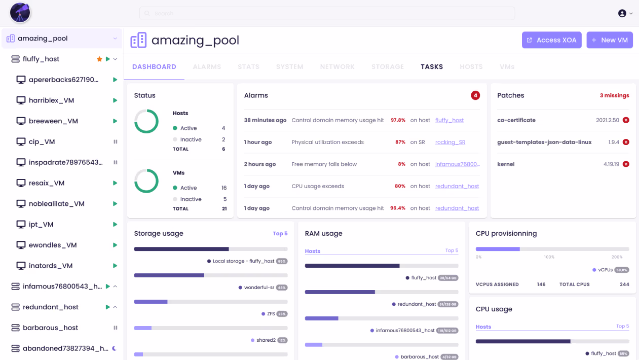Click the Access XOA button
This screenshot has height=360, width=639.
(x=551, y=40)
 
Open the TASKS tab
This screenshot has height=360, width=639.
(x=432, y=67)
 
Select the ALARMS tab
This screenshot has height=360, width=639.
(x=207, y=67)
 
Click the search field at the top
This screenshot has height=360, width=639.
(x=327, y=14)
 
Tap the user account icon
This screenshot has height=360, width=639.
(x=622, y=14)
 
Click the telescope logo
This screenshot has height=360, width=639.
(x=20, y=13)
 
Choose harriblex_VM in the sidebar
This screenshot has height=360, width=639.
(x=52, y=100)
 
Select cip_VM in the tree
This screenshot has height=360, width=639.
(x=42, y=142)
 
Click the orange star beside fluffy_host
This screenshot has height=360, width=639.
(x=99, y=59)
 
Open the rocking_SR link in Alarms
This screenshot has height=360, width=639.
(x=450, y=142)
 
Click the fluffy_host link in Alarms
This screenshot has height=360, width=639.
(x=449, y=120)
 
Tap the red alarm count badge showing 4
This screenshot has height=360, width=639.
(x=475, y=95)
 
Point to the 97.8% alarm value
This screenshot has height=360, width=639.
(x=398, y=120)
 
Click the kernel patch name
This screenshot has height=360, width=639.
(x=506, y=164)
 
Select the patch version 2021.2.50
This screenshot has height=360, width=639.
(x=608, y=120)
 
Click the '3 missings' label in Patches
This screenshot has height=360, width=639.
(x=614, y=95)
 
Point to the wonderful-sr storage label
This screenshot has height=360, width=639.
(x=259, y=287)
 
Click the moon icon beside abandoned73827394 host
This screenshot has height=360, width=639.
(x=115, y=348)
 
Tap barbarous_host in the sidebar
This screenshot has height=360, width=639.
(x=50, y=328)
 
